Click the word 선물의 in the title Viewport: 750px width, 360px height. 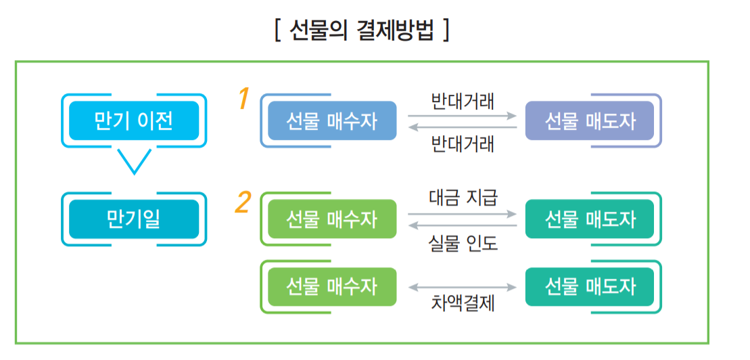[317, 30]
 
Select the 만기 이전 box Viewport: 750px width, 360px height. [134, 120]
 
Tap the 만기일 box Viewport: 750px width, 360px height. [134, 219]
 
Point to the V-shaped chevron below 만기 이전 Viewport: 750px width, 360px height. [134, 161]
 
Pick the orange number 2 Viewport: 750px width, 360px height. [243, 202]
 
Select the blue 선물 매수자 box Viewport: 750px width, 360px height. [331, 120]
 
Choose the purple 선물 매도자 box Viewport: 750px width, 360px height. [590, 120]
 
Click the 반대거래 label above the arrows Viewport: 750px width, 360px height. [463, 102]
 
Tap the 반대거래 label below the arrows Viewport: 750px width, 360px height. [463, 143]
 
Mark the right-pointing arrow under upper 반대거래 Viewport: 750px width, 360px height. [463, 116]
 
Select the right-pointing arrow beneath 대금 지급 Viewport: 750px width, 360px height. [463, 214]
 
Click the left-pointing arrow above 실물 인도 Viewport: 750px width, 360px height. [463, 225]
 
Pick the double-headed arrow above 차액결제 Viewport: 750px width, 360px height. [463, 287]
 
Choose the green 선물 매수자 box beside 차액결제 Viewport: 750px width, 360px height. [331, 286]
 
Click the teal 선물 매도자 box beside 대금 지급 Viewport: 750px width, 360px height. [590, 219]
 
